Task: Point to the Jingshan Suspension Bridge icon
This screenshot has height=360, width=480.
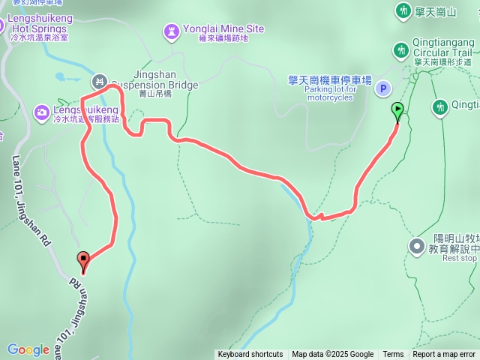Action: (98, 80)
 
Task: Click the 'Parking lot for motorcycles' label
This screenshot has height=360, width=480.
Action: (331, 93)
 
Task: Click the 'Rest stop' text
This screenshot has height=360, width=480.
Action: (459, 258)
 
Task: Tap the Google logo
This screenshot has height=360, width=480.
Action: (28, 349)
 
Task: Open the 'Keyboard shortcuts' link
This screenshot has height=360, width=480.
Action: (250, 355)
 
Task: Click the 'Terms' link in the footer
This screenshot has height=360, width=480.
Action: (393, 355)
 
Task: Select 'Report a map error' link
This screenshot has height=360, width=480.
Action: (444, 355)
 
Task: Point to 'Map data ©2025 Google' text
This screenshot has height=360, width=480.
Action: (332, 355)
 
